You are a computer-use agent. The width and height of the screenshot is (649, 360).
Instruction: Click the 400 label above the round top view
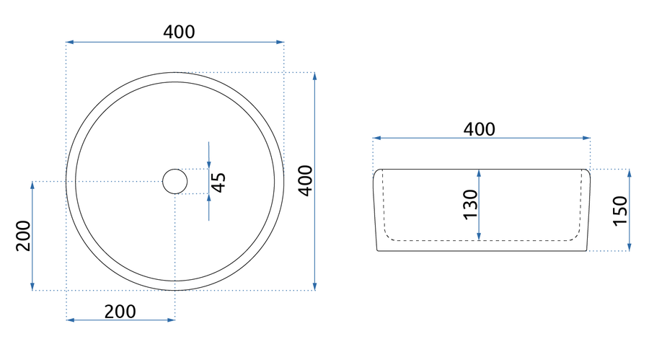[x=179, y=32]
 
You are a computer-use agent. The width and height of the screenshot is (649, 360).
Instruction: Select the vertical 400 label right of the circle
[x=306, y=180]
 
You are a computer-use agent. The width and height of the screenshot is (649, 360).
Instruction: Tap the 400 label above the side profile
[x=479, y=129]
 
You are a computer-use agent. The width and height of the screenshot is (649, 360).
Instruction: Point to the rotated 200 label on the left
[x=23, y=236]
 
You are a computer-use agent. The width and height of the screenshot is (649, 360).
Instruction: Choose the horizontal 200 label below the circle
[x=120, y=312]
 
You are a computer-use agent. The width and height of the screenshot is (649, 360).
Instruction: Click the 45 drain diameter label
[x=218, y=183]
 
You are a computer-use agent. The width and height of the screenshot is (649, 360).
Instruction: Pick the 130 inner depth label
[x=471, y=205]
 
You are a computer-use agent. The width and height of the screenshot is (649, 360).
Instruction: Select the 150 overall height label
[x=620, y=211]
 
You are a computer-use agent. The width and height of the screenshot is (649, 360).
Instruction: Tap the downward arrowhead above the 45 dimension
[x=208, y=164]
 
